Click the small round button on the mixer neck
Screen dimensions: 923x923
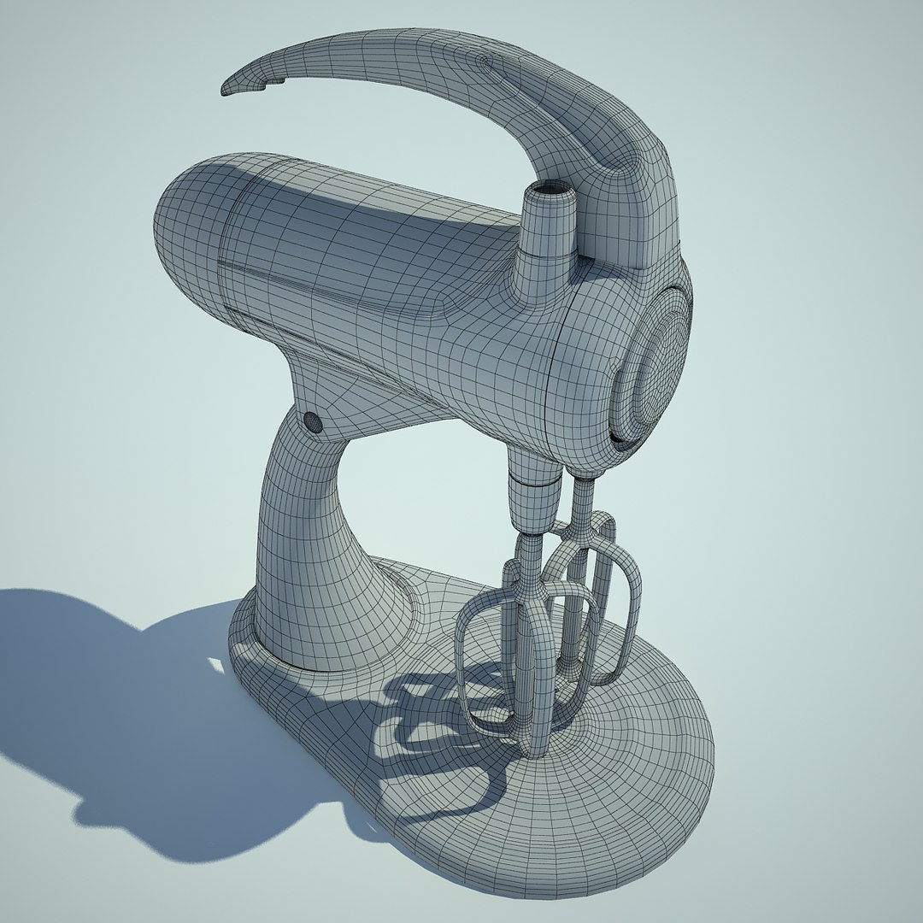[312, 420]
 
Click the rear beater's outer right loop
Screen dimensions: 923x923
[632, 598]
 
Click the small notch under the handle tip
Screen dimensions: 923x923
[275, 83]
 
